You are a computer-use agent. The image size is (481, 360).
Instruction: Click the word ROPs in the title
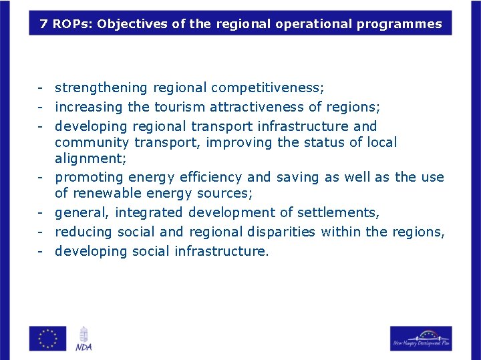click(71, 24)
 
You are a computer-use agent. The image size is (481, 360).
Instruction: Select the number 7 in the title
click(43, 24)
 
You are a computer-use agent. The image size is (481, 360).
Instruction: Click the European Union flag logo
click(47, 338)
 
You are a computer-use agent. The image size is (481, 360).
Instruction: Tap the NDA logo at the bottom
click(84, 339)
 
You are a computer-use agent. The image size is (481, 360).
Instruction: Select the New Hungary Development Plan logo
click(421, 338)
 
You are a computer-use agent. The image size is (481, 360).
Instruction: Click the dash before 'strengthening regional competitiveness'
click(41, 88)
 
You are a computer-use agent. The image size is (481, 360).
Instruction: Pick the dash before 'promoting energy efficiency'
click(41, 178)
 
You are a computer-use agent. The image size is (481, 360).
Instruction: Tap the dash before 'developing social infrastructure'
click(41, 252)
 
